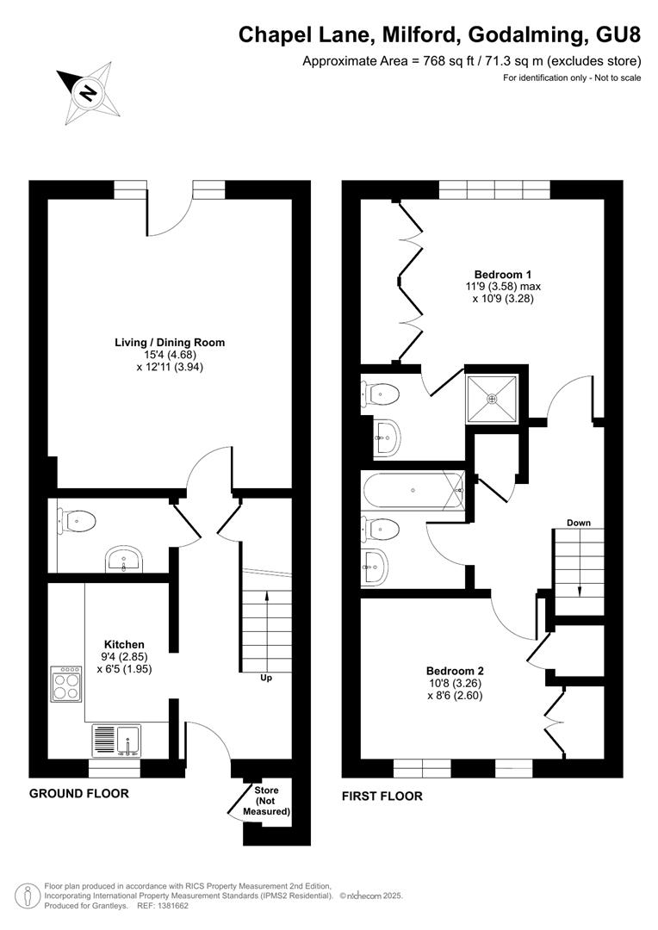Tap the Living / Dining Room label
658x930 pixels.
pyautogui.click(x=170, y=342)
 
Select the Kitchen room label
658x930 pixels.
pyautogui.click(x=124, y=645)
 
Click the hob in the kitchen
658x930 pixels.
pyautogui.click(x=66, y=685)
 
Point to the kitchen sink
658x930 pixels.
pyautogui.click(x=115, y=741)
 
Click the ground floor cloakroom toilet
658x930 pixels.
pyautogui.click(x=78, y=521)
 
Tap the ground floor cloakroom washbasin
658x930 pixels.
pyautogui.click(x=124, y=560)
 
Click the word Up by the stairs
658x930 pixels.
pyautogui.click(x=266, y=678)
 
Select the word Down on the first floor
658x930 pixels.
pyautogui.click(x=579, y=523)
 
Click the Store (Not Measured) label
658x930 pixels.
pyautogui.click(x=266, y=801)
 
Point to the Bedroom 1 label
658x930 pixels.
pyautogui.click(x=503, y=274)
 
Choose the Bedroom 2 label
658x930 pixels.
pyautogui.click(x=455, y=671)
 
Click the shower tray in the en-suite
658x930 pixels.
pyautogui.click(x=491, y=399)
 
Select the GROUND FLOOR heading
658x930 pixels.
pyautogui.click(x=79, y=794)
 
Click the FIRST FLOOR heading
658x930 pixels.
pyautogui.click(x=382, y=796)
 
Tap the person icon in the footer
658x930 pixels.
pyautogui.click(x=27, y=895)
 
